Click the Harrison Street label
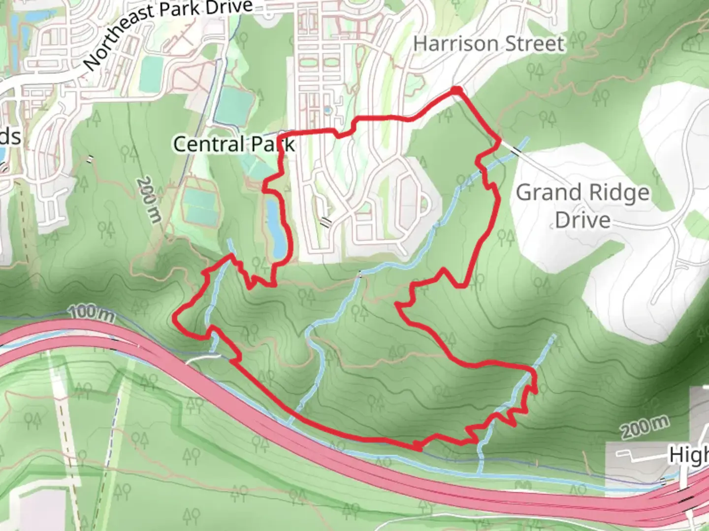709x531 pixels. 488,44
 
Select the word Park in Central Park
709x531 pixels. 273,144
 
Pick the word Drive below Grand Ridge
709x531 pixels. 583,220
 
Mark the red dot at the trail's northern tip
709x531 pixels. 457,90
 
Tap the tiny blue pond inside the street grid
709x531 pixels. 327,111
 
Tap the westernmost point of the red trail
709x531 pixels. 175,319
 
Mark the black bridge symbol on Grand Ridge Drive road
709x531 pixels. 516,151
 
